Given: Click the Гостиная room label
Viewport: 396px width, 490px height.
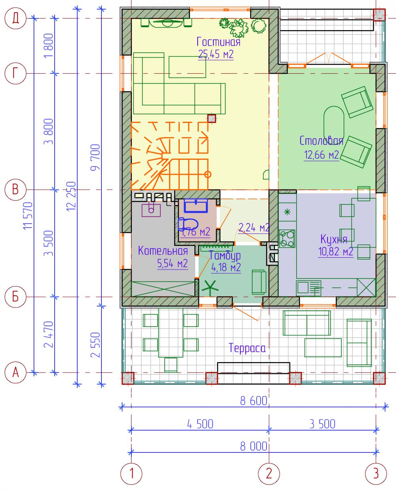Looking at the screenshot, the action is (x=218, y=42).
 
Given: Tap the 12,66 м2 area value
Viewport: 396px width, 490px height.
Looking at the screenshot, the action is (x=321, y=155).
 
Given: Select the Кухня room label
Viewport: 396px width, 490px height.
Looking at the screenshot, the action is (x=334, y=239).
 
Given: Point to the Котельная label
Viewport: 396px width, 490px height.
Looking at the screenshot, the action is (x=163, y=251).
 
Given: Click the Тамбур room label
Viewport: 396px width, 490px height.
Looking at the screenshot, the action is (x=225, y=256).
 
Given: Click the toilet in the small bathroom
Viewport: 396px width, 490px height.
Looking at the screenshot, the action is (x=188, y=224).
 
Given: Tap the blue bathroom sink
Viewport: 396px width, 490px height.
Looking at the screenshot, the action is (x=196, y=205).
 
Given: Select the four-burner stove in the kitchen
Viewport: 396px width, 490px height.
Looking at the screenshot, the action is (x=287, y=238).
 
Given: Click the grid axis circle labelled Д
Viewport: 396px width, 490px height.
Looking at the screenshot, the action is (x=15, y=18).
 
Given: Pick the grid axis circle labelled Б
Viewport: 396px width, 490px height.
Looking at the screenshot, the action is (x=15, y=297).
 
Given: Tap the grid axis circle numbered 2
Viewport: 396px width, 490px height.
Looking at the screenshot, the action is (x=269, y=474).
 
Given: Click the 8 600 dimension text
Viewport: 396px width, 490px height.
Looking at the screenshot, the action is (x=253, y=401).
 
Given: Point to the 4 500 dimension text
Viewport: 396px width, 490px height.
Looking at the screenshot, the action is (x=200, y=424).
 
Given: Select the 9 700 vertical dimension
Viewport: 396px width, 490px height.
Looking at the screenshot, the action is (x=95, y=157).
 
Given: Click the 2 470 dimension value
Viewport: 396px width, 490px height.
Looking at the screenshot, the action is (x=49, y=334).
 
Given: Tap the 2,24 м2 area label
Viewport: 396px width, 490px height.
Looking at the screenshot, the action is (x=254, y=228).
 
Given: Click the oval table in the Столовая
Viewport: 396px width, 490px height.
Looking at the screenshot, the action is (x=334, y=126).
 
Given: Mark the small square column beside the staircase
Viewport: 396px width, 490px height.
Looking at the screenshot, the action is (x=212, y=119).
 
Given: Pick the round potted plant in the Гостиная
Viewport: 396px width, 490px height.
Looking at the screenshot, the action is (x=259, y=26).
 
